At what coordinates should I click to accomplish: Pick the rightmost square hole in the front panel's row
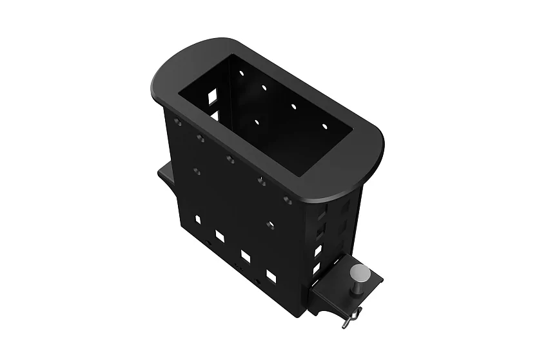pos(271,276)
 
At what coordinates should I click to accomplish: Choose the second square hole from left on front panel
pos(220,237)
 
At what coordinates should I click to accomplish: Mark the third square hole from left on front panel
pos(246,255)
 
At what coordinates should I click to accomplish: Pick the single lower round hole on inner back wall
pos(257,121)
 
